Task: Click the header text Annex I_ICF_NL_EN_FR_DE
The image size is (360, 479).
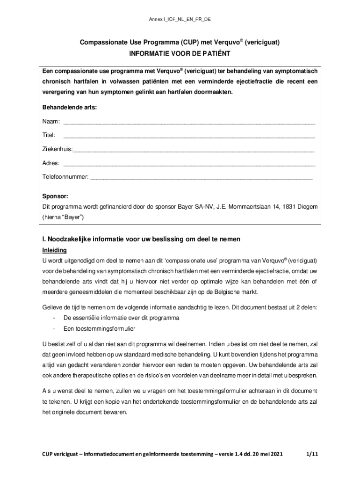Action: coord(180,19)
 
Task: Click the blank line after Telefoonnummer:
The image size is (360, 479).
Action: coord(201,178)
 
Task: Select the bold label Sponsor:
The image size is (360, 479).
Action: coord(56,196)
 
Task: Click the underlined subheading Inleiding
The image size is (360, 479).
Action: coord(54,250)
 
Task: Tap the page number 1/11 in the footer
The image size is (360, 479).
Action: coord(312,454)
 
